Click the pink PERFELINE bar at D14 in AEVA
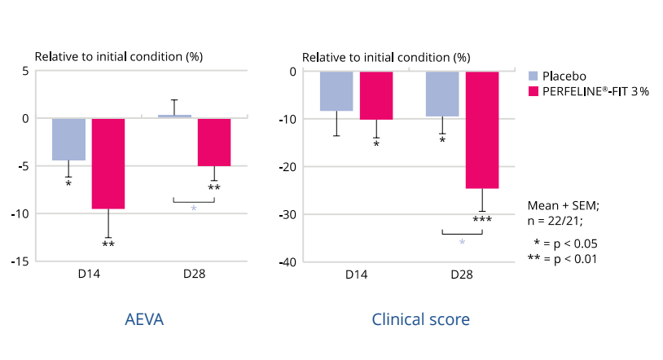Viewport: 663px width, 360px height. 108,164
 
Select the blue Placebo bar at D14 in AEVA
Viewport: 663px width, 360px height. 68,139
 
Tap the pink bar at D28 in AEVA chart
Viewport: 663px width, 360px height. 214,143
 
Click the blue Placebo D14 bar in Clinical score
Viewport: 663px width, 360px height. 336,91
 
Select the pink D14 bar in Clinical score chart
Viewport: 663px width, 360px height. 376,95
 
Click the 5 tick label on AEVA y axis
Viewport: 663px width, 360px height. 25,71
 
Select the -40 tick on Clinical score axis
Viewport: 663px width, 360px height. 287,262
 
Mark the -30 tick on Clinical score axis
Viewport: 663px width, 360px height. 287,214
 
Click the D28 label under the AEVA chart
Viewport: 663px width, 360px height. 194,275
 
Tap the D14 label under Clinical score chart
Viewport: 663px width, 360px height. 356,275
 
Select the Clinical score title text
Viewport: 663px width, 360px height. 420,319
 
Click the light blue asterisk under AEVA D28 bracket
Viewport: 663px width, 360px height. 194,209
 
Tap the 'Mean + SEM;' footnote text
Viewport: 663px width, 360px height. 564,205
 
